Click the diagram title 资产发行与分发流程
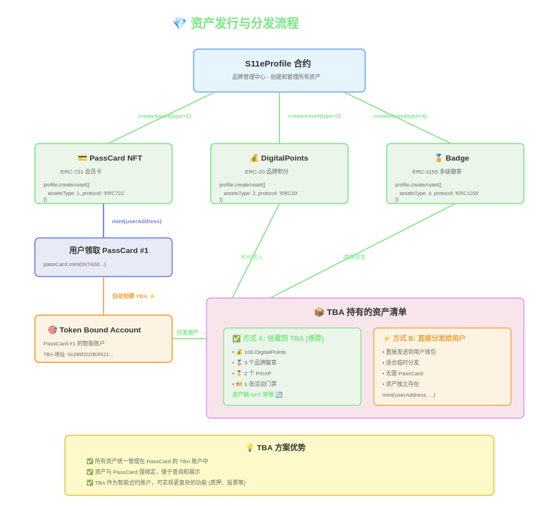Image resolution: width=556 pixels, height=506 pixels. tap(244, 23)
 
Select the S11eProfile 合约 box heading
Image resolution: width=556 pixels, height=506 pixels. tap(278, 64)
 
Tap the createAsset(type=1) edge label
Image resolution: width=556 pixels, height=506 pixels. tap(164, 116)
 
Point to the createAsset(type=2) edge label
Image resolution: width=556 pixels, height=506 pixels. tap(314, 116)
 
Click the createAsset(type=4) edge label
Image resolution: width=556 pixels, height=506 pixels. tap(400, 116)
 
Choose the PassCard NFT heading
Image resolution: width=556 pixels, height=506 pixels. tap(115, 158)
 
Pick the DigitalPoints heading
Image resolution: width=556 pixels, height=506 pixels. tap(284, 158)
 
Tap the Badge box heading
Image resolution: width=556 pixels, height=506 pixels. tap(457, 158)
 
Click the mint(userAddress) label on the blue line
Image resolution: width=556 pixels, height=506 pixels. tap(137, 221)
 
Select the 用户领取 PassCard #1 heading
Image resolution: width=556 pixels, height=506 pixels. tap(109, 251)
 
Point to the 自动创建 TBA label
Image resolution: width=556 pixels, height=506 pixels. tap(133, 296)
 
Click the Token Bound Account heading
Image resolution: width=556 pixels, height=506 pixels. tap(100, 330)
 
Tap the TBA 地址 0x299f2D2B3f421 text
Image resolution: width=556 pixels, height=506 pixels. tap(78, 354)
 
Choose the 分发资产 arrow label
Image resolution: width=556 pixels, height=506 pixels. tap(190, 333)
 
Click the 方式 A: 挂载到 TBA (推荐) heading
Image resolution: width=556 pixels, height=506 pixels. tap(283, 339)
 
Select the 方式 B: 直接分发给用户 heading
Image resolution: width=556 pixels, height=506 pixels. tap(428, 339)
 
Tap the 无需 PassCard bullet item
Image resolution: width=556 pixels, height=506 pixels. tap(404, 374)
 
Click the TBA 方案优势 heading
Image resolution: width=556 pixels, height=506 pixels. tap(281, 448)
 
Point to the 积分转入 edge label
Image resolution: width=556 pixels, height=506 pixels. tap(252, 257)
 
